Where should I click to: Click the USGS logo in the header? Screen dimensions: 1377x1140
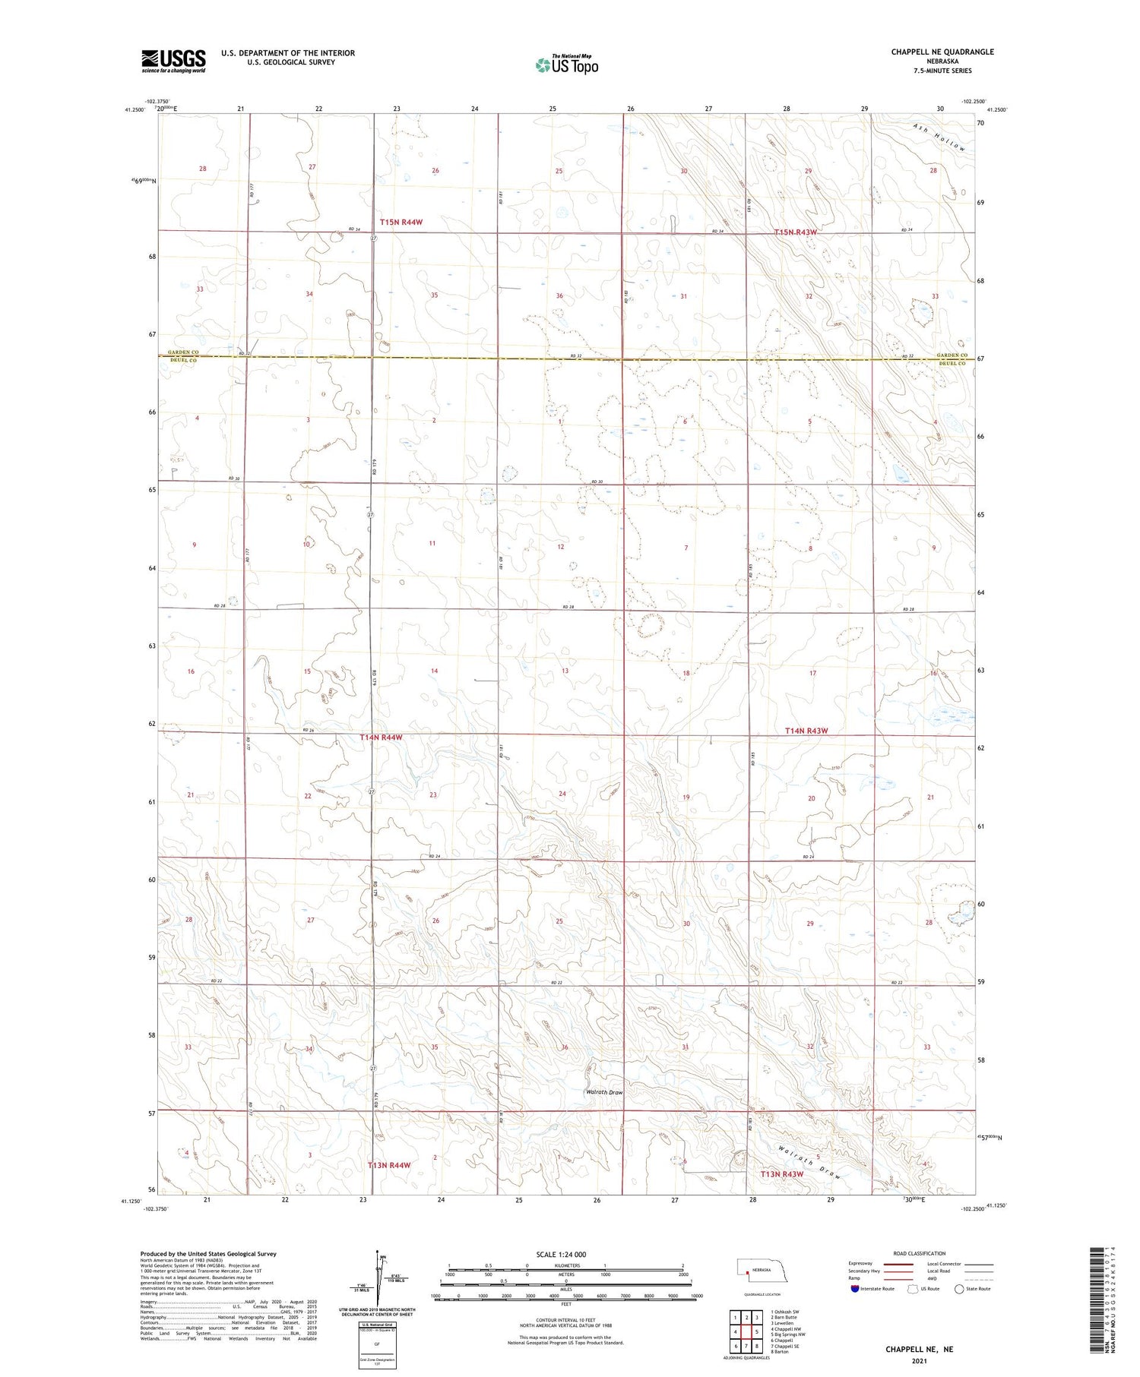(x=173, y=61)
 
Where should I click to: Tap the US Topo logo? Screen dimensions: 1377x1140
(x=566, y=65)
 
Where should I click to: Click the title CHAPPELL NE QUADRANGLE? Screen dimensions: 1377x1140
(x=942, y=52)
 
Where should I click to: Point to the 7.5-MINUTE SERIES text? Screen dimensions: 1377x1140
(x=942, y=71)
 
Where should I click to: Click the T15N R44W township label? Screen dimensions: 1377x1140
(x=401, y=223)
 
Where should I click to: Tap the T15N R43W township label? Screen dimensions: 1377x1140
(x=795, y=232)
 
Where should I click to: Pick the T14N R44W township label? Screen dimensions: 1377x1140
(x=381, y=737)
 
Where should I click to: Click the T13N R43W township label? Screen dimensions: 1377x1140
(x=782, y=1174)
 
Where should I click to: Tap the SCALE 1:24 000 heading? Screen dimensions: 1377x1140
(x=565, y=1254)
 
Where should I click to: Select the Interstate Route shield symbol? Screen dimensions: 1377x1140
(x=855, y=1289)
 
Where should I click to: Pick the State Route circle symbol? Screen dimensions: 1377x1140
(x=959, y=1289)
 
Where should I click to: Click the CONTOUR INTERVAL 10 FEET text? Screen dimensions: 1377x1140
(x=565, y=1321)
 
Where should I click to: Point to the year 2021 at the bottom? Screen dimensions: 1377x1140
(x=919, y=1361)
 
